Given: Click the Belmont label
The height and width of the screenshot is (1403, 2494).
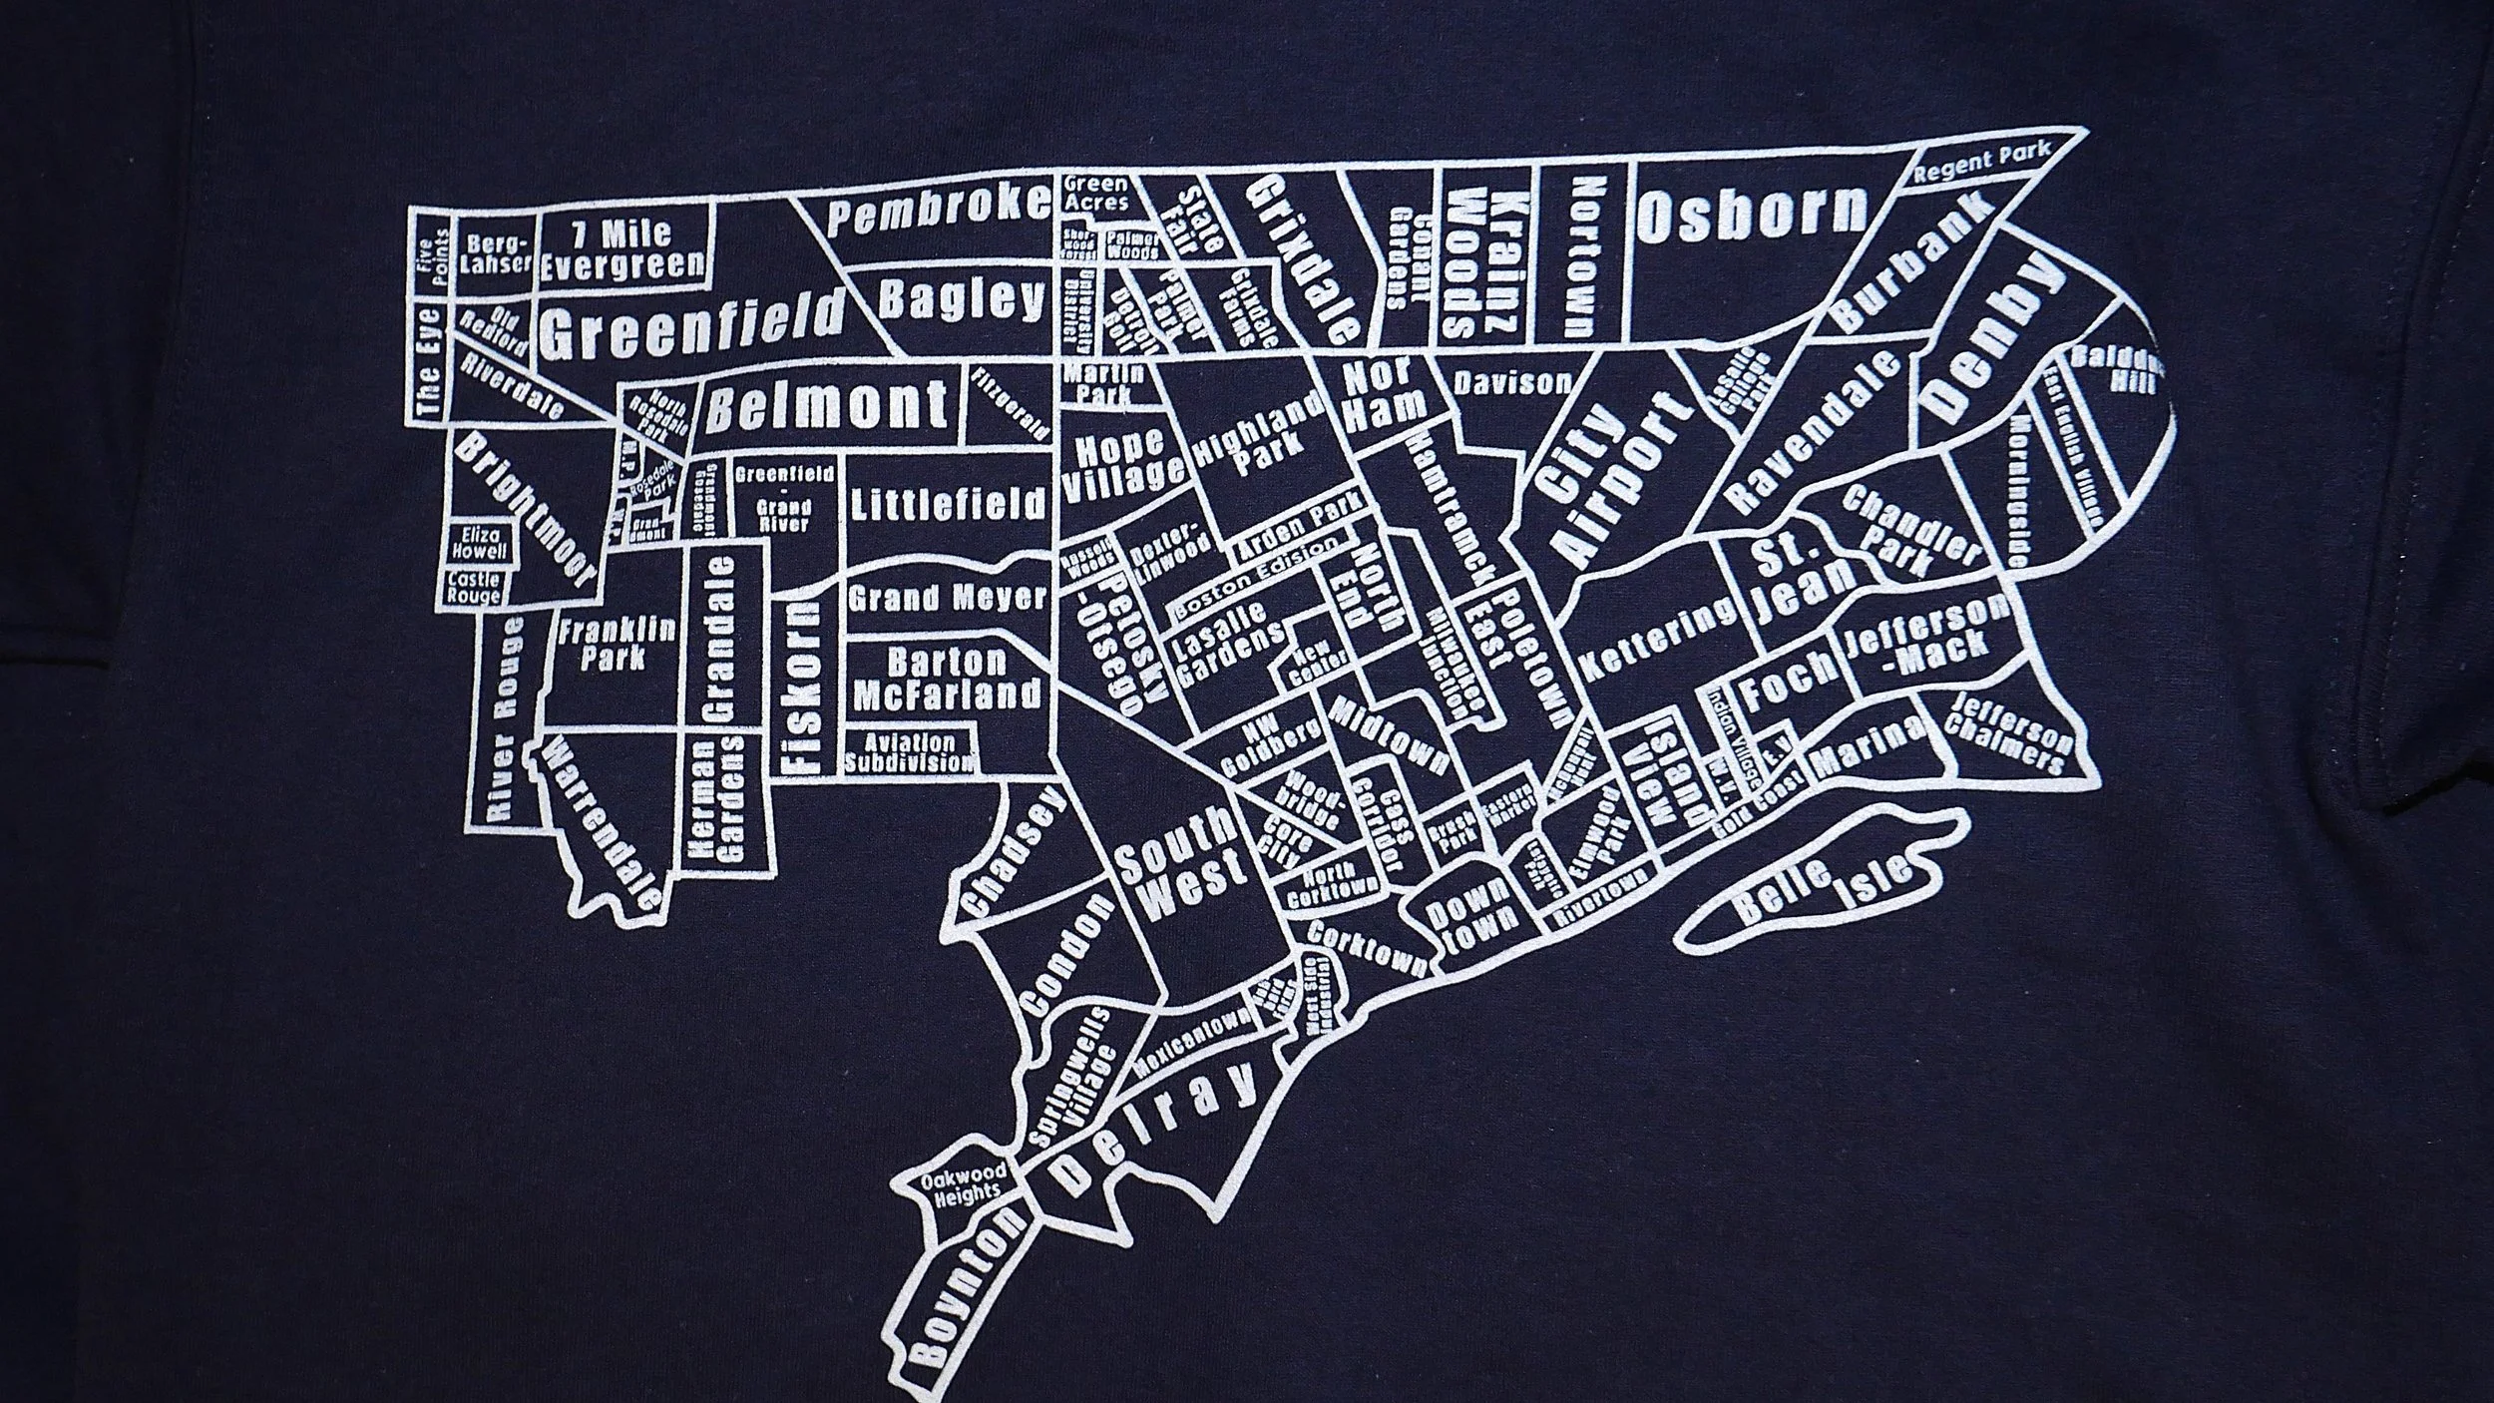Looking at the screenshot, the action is tap(827, 405).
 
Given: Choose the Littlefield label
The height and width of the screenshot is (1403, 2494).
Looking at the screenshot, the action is tap(948, 505).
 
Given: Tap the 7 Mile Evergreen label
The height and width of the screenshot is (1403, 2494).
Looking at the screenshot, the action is tap(623, 251).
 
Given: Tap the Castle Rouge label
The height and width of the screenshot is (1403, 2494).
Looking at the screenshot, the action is tap(474, 587).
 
